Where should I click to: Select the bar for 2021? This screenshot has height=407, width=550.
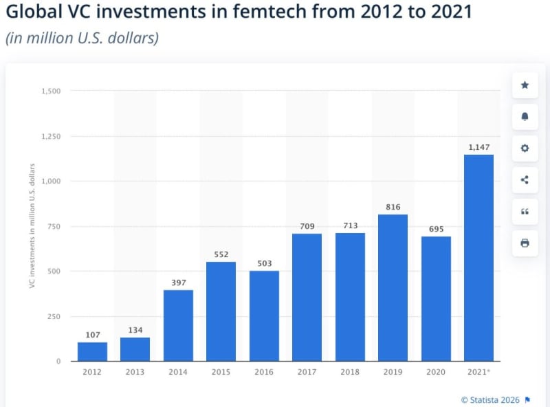pyautogui.click(x=478, y=258)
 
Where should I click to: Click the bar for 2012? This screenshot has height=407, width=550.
pyautogui.click(x=92, y=351)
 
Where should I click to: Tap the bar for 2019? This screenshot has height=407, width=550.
pyautogui.click(x=393, y=287)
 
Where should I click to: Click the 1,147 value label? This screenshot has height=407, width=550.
pyautogui.click(x=478, y=147)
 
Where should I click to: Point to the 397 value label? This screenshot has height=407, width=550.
pyautogui.click(x=178, y=283)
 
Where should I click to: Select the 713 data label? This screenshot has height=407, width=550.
pyautogui.click(x=350, y=225)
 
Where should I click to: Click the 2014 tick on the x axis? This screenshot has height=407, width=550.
pyautogui.click(x=178, y=372)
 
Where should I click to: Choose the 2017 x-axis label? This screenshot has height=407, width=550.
pyautogui.click(x=307, y=372)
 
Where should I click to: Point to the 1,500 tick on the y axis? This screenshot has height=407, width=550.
pyautogui.click(x=51, y=91)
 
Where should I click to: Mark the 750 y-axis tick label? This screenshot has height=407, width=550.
pyautogui.click(x=54, y=226)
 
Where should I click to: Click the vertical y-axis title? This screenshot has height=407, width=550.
pyautogui.click(x=32, y=225)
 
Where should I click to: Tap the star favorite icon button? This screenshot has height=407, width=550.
pyautogui.click(x=525, y=85)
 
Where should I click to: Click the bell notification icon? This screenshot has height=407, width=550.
pyautogui.click(x=525, y=117)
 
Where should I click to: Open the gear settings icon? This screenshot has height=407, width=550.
pyautogui.click(x=525, y=148)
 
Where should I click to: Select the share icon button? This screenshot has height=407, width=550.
pyautogui.click(x=525, y=180)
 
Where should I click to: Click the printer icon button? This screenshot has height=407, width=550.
pyautogui.click(x=525, y=243)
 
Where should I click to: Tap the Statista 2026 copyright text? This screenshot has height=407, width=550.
pyautogui.click(x=490, y=399)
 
